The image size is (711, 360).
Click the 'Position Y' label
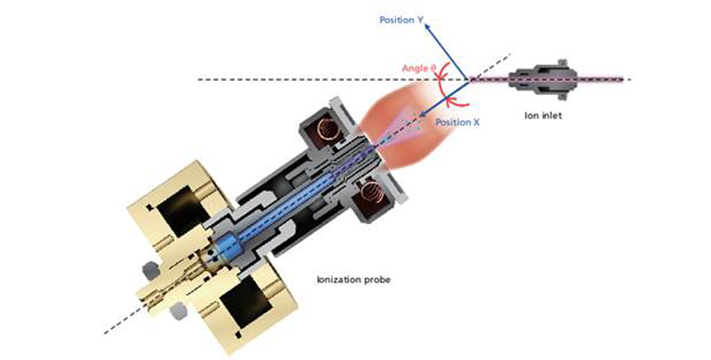coord(403,19)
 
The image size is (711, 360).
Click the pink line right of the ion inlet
coord(602,80)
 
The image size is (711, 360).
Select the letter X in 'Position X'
coord(463,123)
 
